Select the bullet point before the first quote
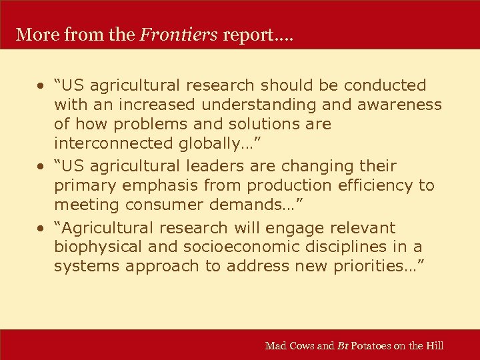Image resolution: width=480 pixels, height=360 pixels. [41, 86]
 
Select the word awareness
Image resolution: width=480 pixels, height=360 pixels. [404, 105]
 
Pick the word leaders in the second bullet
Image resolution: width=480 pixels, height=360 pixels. [236, 166]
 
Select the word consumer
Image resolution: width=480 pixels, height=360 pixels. [157, 205]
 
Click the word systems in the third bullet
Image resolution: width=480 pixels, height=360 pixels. [86, 267]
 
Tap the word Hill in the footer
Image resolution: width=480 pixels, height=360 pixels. [435, 345]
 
